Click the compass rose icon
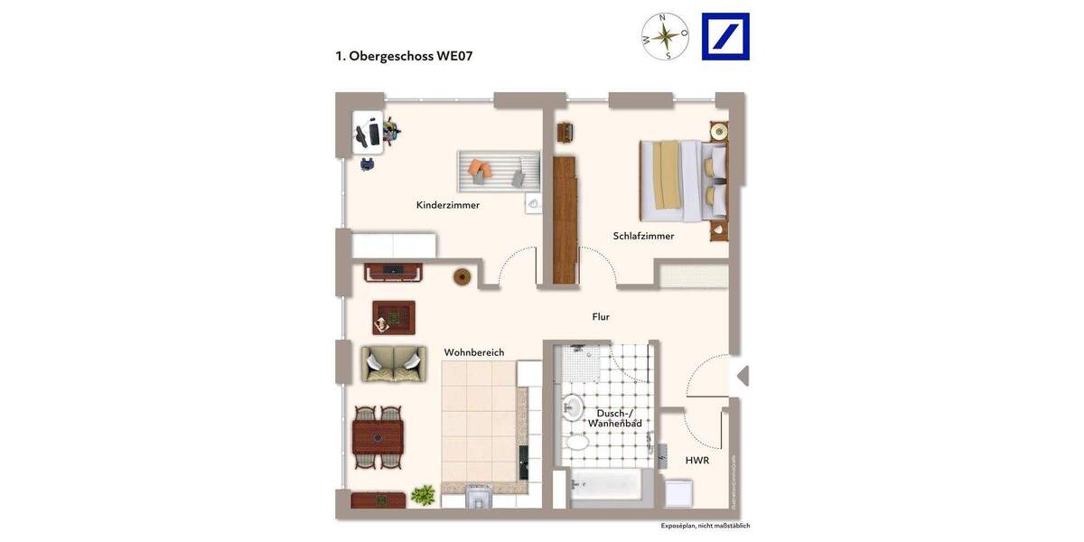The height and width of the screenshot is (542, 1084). coord(665,37)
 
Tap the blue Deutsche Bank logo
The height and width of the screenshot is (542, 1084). coord(725,37)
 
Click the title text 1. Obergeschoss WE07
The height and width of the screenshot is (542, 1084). coord(404,56)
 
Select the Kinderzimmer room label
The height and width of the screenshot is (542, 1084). coord(447,205)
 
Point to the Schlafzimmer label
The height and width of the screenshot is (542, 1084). coord(643,236)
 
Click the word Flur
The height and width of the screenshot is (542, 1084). coord(601,317)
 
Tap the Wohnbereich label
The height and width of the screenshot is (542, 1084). coord(473,352)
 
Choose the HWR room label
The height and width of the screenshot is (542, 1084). coord(696,460)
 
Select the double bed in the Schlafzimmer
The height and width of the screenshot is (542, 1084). coord(683,181)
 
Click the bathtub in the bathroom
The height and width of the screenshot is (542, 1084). coord(606,487)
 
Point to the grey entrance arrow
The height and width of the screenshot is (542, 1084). coord(743,376)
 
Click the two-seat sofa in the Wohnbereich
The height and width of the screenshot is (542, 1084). coord(394,363)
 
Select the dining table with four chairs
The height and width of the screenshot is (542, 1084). coord(378,437)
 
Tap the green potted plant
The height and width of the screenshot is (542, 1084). coord(423,494)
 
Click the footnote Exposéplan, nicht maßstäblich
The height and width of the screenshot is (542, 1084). coord(705,526)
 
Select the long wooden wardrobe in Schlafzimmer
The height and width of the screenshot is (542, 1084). coord(565,220)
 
